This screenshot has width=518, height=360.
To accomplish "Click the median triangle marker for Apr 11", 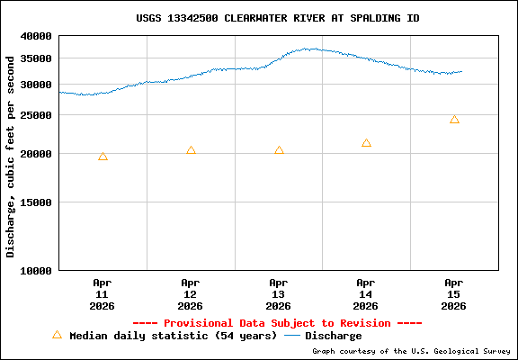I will [x=103, y=157].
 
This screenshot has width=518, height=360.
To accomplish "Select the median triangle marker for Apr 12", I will [x=191, y=150].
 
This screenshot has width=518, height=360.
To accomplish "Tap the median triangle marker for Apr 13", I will [x=279, y=150].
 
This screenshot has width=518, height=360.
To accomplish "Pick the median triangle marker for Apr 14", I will [x=366, y=143].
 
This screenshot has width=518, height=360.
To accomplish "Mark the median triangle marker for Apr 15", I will [x=454, y=120].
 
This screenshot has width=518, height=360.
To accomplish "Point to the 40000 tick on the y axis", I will [x=37, y=36].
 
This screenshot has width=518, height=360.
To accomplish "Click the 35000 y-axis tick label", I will [x=37, y=58].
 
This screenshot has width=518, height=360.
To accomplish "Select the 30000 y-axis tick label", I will [x=37, y=85].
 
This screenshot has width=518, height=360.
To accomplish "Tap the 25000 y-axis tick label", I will [x=37, y=116].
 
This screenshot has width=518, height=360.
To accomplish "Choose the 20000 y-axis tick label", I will [x=37, y=154].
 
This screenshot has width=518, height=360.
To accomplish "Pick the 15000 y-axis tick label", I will [x=37, y=202].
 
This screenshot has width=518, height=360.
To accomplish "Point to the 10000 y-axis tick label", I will [x=37, y=270].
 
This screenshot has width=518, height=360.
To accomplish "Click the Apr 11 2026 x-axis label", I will [x=103, y=293].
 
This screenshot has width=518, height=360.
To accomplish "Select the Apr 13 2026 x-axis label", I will [x=279, y=293].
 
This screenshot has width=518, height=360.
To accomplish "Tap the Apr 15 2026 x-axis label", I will [x=454, y=293].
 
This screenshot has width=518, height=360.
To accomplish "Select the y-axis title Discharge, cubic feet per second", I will [x=11, y=156].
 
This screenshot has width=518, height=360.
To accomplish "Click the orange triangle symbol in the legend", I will [x=57, y=335].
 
